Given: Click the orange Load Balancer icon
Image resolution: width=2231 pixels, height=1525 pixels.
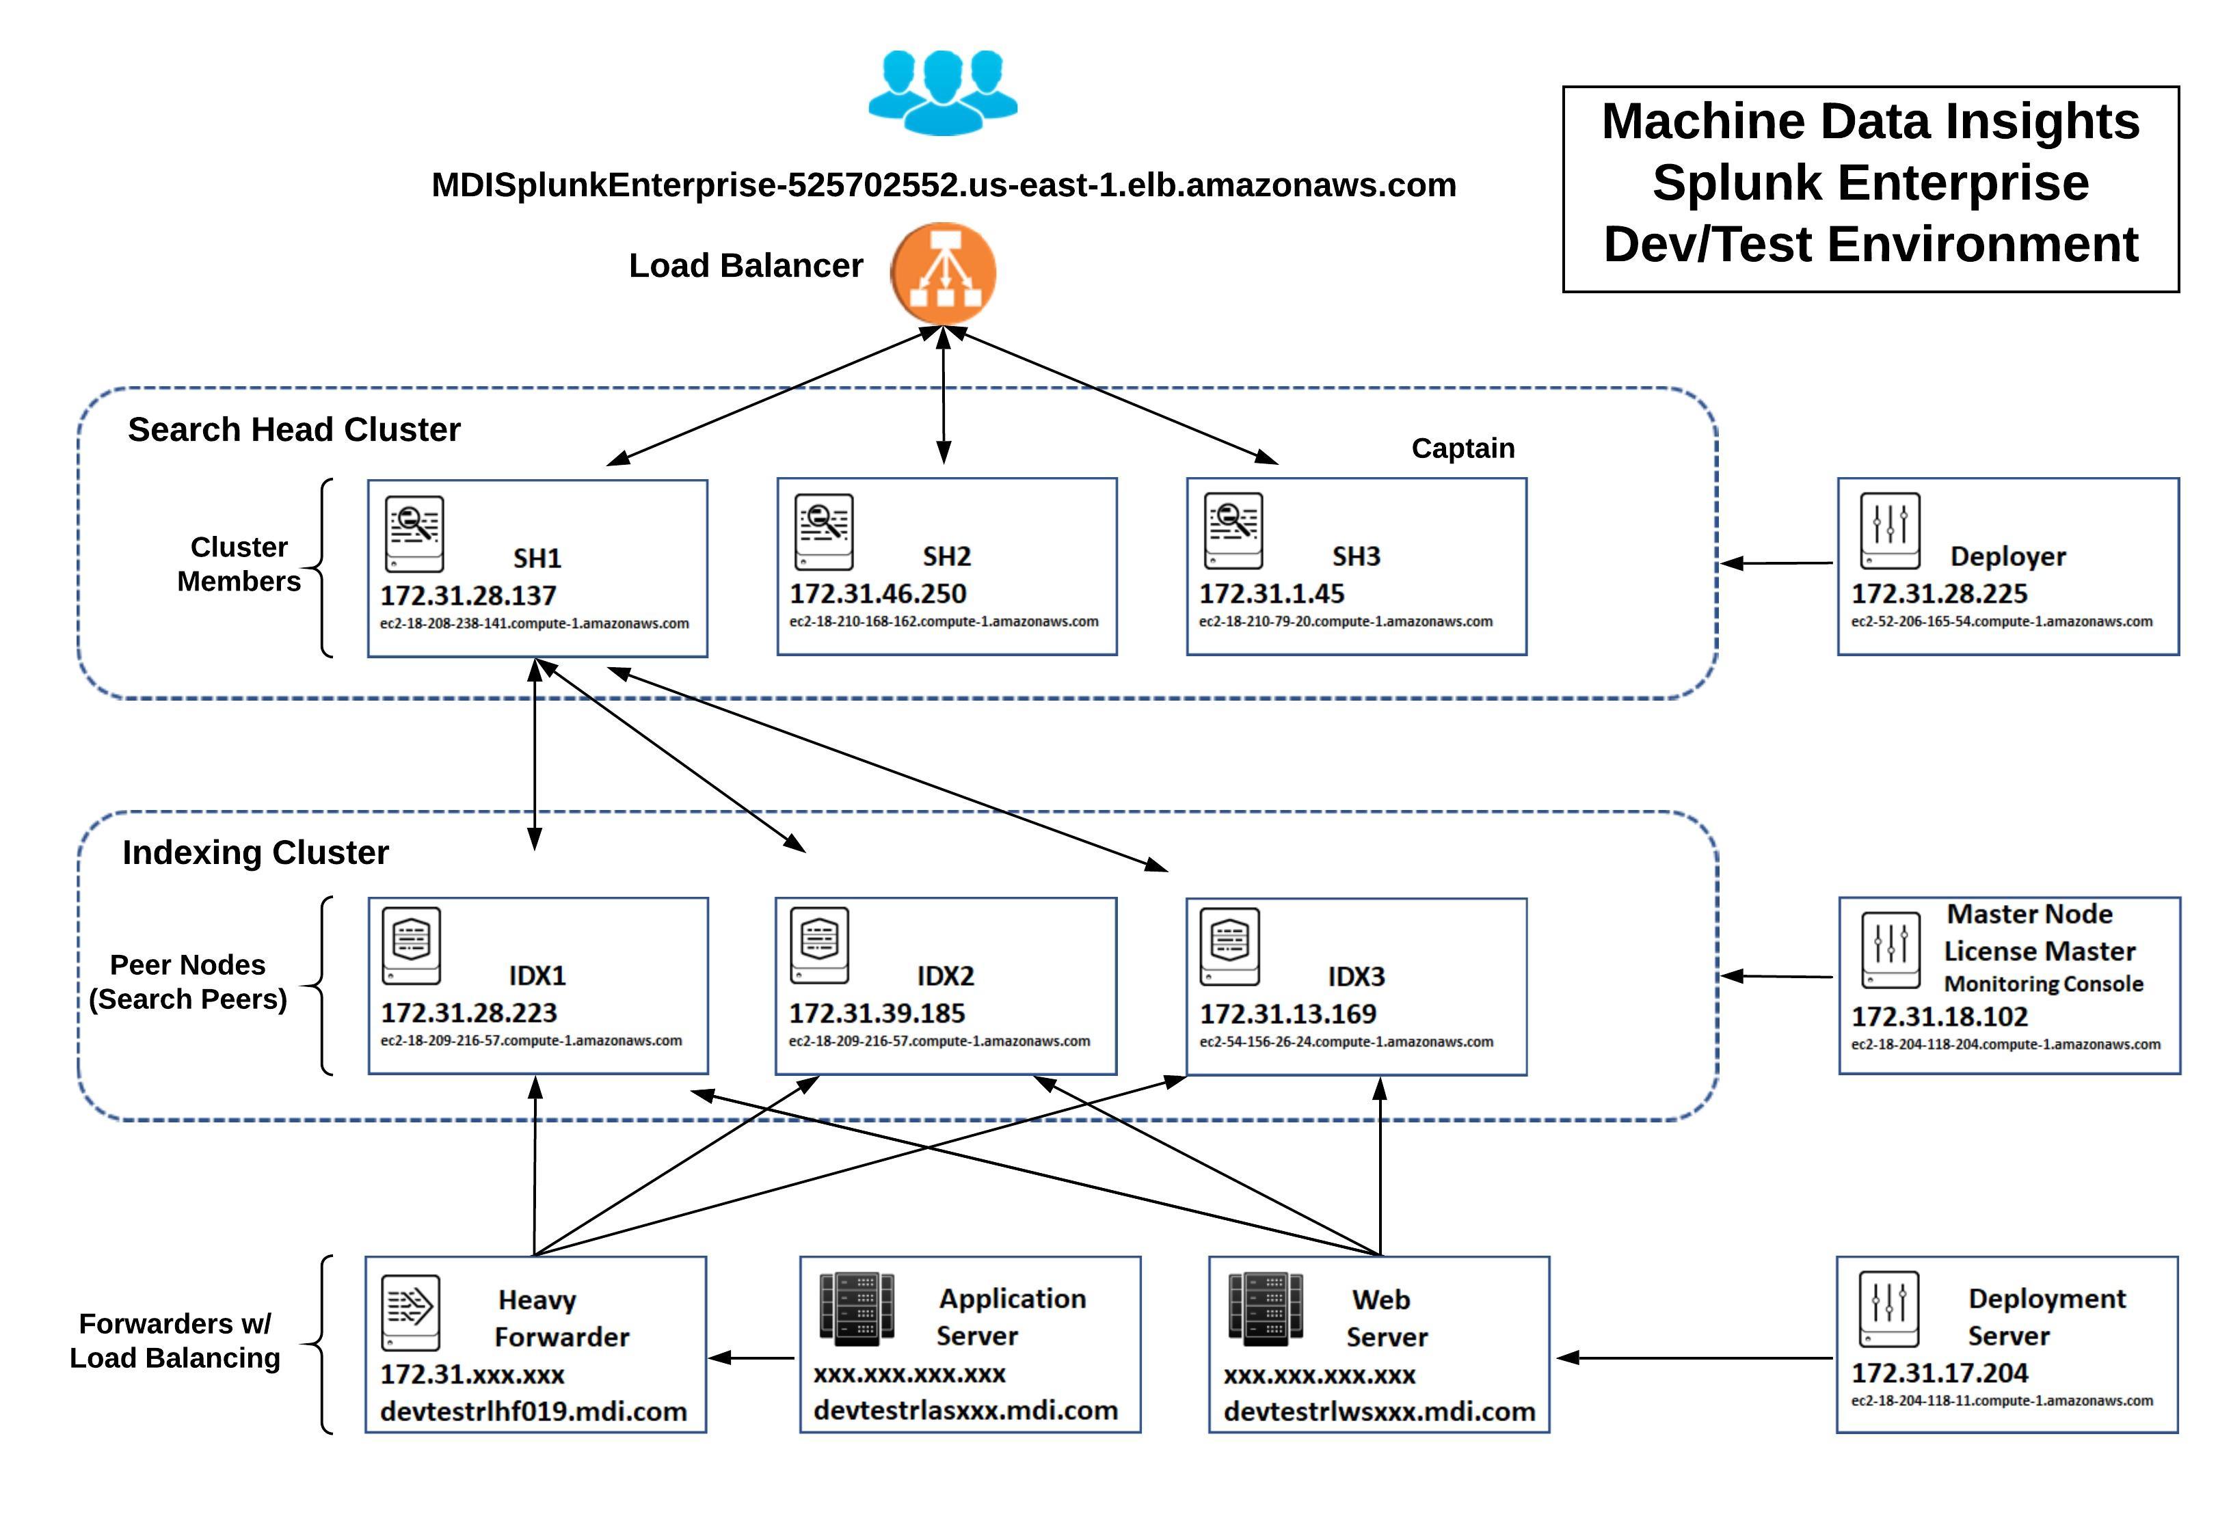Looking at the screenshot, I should (x=943, y=273).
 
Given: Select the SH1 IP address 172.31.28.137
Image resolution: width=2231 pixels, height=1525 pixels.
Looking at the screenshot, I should (x=468, y=596).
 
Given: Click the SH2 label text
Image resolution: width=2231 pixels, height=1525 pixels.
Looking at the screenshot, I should (x=946, y=556).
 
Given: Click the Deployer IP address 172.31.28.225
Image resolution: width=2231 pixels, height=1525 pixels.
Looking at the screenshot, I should (x=1939, y=594).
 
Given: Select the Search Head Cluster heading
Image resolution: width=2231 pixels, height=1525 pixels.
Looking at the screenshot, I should (x=294, y=430).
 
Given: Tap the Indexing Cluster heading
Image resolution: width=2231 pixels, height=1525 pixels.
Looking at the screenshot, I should (x=255, y=853).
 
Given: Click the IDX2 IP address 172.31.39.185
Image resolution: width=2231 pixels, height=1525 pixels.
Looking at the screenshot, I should (x=877, y=1014).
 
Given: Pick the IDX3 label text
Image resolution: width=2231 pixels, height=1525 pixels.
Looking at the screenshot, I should (x=1357, y=977).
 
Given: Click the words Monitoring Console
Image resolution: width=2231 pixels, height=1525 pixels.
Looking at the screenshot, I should (x=2044, y=984).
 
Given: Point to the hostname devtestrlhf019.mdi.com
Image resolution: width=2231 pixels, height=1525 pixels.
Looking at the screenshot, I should (x=534, y=1412).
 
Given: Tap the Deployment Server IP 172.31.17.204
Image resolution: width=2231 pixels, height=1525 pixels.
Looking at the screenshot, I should (x=1939, y=1373).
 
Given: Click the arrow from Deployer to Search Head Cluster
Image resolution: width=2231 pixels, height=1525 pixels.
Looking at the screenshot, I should (x=1776, y=563).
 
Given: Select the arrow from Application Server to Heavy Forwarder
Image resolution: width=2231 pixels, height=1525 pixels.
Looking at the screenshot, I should (x=751, y=1358).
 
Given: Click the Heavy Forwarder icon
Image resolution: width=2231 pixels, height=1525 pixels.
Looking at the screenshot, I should (x=411, y=1312).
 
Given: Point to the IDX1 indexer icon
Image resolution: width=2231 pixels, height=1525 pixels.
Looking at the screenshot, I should (x=412, y=945).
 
